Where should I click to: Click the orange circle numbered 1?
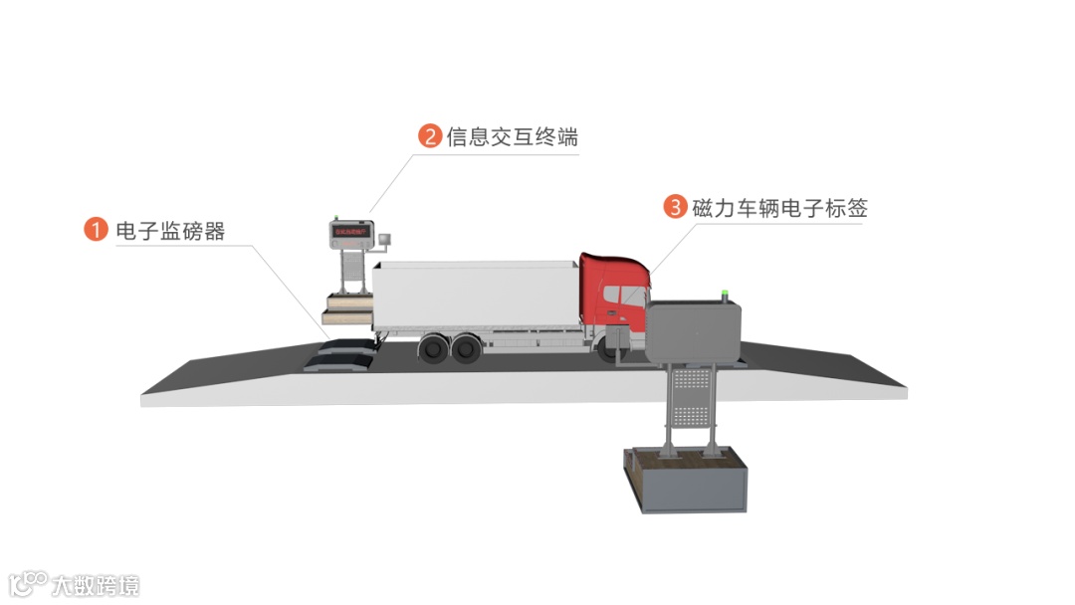coord(95,230)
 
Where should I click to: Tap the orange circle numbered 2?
coord(430,136)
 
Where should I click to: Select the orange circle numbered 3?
coord(676,207)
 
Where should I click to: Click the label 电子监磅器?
coord(170,231)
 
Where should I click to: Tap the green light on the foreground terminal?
coord(725,293)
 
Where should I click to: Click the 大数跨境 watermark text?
coord(97,584)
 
